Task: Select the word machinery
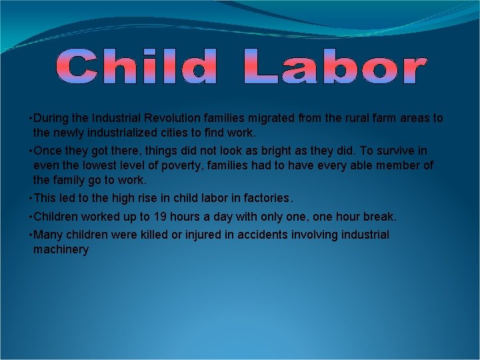(x=61, y=250)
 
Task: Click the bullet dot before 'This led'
(x=31, y=198)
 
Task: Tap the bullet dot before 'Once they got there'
(x=31, y=150)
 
